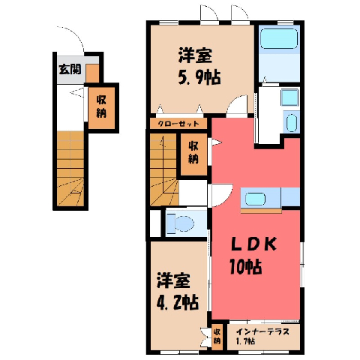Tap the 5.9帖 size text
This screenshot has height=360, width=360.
coord(199,77)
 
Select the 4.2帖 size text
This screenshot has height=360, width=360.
coord(178,303)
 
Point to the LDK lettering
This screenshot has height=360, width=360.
coord(253,244)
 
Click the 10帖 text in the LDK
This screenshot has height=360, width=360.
coord(245,267)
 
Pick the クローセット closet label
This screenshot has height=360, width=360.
coord(178,124)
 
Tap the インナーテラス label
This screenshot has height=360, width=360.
coord(262,331)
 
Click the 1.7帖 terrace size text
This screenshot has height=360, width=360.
coord(245,341)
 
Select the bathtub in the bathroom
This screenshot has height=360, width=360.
coord(279,39)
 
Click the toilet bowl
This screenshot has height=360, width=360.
coord(184,222)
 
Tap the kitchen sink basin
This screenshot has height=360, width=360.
coord(255,199)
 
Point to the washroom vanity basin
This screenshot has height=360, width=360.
coord(292,123)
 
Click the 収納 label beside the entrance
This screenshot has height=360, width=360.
coord(101,107)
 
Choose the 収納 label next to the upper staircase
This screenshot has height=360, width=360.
coord(193,152)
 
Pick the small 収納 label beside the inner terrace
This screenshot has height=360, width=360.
coord(217,336)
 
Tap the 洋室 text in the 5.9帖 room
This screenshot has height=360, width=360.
coord(195,55)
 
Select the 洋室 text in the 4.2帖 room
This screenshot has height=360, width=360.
coord(173,281)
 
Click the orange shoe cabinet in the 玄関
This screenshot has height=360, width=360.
coord(92,73)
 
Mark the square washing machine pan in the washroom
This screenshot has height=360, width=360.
coord(289,97)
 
